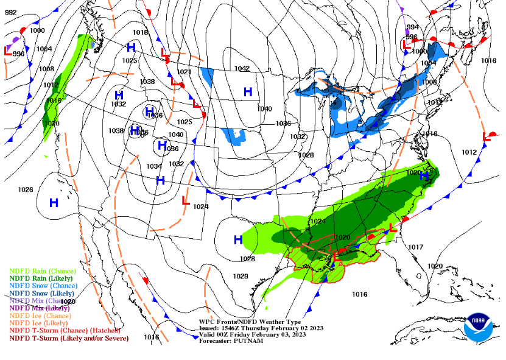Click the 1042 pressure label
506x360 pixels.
(x=242, y=68)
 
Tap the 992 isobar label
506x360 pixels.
(x=11, y=12)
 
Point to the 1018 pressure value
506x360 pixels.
(x=140, y=32)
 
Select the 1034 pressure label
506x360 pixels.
(x=153, y=166)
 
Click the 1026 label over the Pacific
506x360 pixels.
(x=26, y=189)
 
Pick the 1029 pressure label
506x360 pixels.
(x=241, y=276)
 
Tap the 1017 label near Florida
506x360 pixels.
(x=415, y=247)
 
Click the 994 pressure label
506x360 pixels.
(x=413, y=27)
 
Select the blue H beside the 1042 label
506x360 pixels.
(x=248, y=92)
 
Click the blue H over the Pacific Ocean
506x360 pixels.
(x=54, y=203)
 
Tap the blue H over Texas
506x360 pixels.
(x=238, y=240)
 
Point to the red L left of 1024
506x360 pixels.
(x=186, y=200)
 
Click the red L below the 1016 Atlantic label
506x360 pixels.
(x=487, y=136)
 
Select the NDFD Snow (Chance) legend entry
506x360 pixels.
(x=43, y=286)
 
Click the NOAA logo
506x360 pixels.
(x=479, y=328)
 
